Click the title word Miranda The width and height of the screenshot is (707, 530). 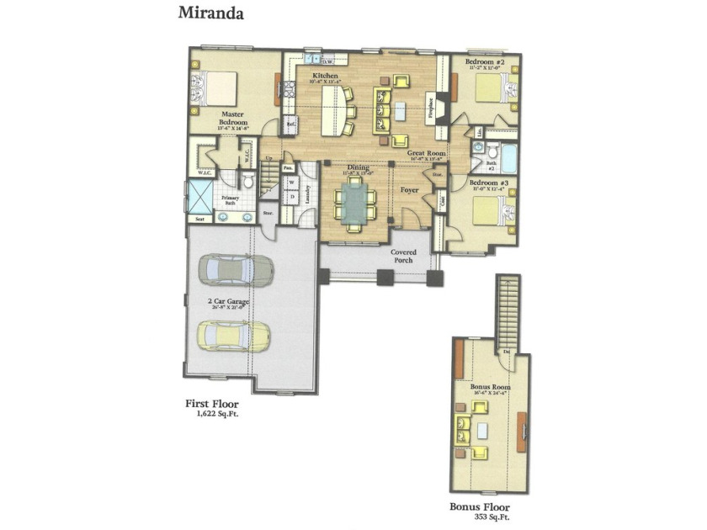point(211,13)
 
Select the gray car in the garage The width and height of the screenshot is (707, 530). point(236,270)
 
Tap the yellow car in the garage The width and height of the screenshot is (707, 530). point(235,336)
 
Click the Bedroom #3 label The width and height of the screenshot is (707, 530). point(487,183)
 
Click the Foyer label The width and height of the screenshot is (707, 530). point(409,190)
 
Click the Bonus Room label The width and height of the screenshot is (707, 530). point(490,387)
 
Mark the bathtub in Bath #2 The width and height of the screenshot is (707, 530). point(508,157)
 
